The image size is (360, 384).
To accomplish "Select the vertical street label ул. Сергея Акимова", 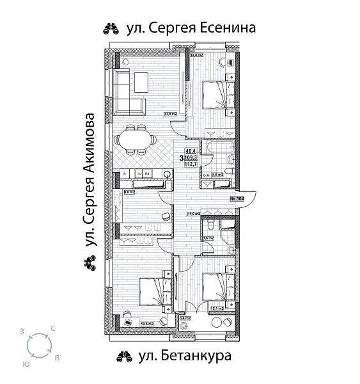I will tap(90, 180).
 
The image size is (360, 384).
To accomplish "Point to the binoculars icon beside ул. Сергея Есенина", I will tap(110, 28).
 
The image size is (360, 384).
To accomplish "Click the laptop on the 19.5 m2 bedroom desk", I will tap(129, 322).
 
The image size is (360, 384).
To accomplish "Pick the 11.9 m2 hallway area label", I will tap(193, 214).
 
